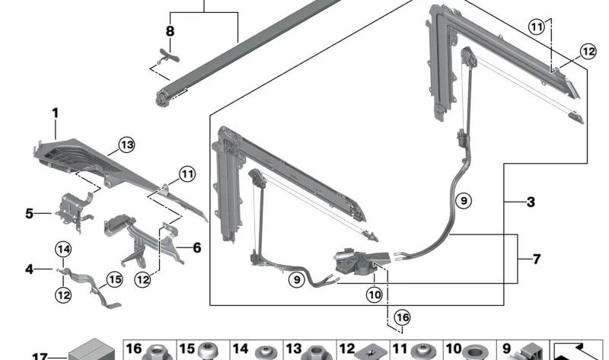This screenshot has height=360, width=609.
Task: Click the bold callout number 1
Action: click(55, 113)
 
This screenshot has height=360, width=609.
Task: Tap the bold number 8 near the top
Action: click(170, 31)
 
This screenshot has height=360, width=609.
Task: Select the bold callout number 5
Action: click(29, 214)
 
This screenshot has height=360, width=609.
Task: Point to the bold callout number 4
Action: click(29, 269)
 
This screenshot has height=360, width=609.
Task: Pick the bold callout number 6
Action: click(196, 247)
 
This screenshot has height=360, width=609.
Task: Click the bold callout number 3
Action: click(531, 202)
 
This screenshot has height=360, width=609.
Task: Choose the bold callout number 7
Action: click(536, 260)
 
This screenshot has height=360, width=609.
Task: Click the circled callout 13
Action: click(126, 145)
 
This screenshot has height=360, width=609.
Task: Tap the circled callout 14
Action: click(63, 248)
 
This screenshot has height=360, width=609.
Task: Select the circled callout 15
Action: click(113, 280)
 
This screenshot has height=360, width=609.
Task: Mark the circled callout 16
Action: click(402, 317)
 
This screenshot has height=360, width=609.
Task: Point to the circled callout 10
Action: click(375, 294)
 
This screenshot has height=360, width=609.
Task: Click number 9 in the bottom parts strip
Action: click(506, 349)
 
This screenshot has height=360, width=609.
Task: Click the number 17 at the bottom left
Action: click(39, 355)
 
